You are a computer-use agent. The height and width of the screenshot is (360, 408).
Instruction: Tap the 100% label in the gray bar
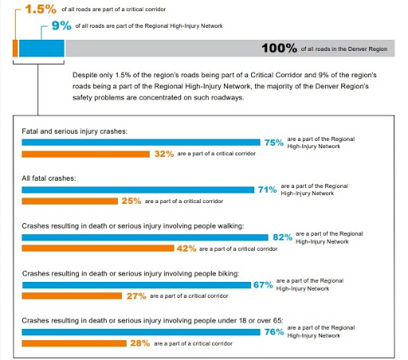[278, 49]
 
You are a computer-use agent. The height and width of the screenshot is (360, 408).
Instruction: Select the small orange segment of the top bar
[15, 48]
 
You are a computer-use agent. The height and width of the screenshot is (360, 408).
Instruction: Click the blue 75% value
[274, 143]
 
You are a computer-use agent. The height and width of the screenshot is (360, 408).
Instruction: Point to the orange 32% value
[165, 154]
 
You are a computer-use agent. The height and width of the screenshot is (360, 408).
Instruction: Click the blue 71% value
[268, 190]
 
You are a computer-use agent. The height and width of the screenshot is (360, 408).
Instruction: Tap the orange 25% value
[131, 202]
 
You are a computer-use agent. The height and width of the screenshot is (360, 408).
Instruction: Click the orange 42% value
[186, 248]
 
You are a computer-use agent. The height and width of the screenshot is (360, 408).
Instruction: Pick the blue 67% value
[263, 284]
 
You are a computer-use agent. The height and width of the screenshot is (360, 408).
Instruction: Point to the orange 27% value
[136, 295]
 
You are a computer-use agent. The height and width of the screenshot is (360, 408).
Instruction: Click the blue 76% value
[275, 331]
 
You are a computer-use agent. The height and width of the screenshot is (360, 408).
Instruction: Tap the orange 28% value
[140, 342]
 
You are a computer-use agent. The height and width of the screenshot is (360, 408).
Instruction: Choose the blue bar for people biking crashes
[136, 284]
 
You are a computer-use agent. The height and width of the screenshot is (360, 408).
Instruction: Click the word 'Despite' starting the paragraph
[82, 73]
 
